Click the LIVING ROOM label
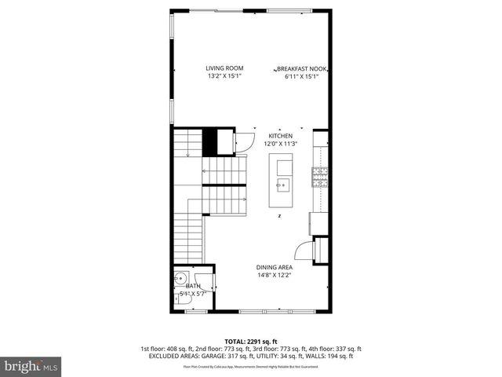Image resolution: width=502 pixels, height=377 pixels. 224,68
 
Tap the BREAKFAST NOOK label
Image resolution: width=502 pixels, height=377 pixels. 301,68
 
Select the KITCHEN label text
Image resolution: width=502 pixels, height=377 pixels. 280,136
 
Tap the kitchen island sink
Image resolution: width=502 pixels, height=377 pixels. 282,186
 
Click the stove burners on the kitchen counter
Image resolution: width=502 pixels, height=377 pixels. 319,178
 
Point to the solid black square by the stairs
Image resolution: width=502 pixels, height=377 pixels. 210,142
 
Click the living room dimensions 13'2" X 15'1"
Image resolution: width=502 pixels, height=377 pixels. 224,77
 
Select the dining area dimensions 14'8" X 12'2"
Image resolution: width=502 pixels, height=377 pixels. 275,276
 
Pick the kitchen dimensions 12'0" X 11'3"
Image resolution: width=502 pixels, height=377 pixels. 280,144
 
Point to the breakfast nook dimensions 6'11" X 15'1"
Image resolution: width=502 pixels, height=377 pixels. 301,77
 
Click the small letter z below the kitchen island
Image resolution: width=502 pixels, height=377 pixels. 278,215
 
